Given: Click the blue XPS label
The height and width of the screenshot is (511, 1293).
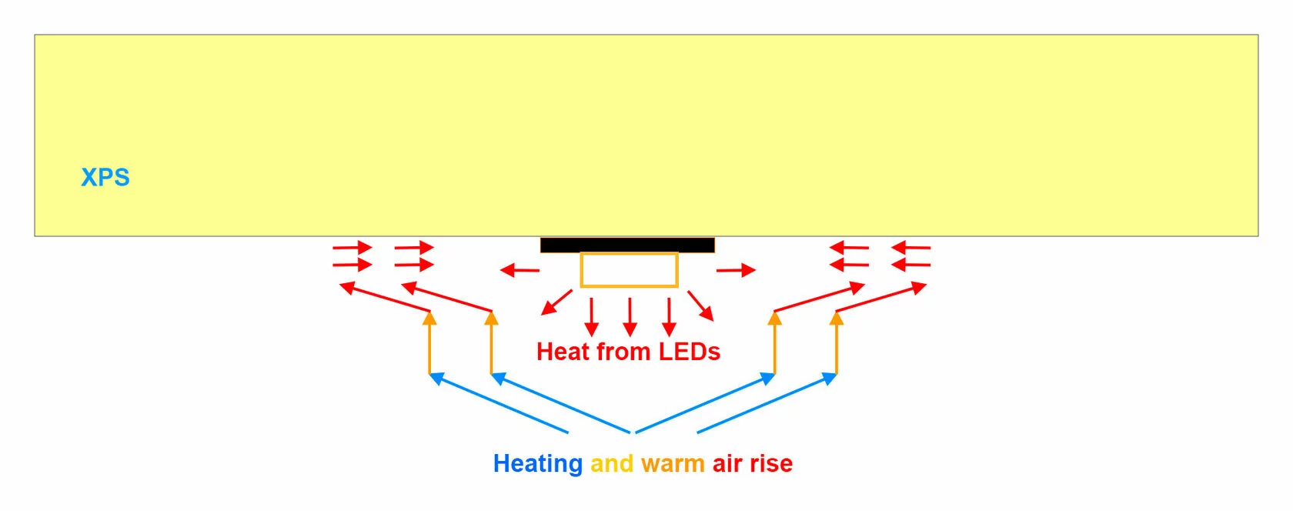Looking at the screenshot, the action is click(x=105, y=177).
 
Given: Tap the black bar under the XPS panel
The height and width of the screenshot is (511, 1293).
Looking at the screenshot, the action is click(x=627, y=245).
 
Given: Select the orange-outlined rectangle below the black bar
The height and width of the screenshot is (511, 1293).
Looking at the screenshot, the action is click(x=630, y=269).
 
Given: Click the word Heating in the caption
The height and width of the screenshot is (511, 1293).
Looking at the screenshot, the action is click(x=538, y=463).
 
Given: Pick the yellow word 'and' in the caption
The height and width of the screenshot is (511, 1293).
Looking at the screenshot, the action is click(x=612, y=463).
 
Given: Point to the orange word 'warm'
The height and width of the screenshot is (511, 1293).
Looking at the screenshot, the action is click(x=673, y=464).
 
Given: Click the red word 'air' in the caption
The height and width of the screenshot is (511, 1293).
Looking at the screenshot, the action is click(x=727, y=463).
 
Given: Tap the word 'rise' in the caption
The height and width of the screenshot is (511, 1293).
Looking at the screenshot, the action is click(x=771, y=463).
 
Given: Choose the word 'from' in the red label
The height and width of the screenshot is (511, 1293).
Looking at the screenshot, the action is click(x=623, y=352).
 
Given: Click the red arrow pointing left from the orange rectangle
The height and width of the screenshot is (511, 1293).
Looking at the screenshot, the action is click(x=520, y=269).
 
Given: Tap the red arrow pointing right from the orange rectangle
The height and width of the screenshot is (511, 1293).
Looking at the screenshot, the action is click(x=736, y=269).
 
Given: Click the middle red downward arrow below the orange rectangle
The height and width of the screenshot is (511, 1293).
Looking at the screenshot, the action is click(x=630, y=317).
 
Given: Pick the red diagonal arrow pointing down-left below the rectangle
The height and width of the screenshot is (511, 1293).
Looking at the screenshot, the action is click(x=556, y=302).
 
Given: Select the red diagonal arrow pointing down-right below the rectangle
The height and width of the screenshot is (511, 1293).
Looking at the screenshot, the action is click(x=700, y=306).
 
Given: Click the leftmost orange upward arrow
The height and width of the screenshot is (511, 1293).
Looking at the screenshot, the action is click(x=429, y=342).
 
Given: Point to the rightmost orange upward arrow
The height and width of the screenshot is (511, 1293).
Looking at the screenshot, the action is click(x=837, y=342).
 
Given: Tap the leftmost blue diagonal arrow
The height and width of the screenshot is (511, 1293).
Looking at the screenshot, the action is click(x=499, y=402).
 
